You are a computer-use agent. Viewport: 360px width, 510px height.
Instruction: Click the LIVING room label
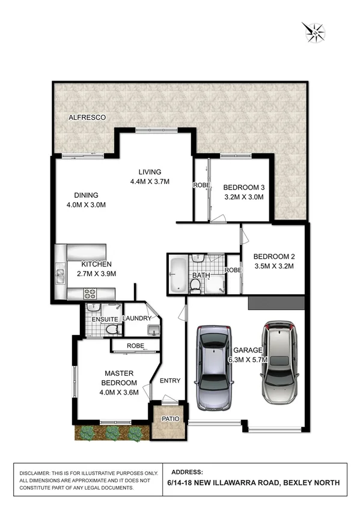click(x=149, y=172)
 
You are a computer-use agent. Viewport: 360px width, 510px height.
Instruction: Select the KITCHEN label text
click(x=97, y=264)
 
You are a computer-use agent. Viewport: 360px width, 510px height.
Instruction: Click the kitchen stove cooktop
click(x=90, y=293)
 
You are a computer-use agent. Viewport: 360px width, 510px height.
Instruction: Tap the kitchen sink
click(x=60, y=276)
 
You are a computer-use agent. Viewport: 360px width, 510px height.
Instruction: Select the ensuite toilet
click(x=111, y=330)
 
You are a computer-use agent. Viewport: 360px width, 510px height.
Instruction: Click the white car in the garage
click(x=280, y=363)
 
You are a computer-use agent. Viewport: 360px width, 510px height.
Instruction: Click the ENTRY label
click(x=170, y=380)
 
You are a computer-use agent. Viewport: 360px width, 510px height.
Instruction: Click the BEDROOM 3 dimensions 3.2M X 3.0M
click(x=244, y=197)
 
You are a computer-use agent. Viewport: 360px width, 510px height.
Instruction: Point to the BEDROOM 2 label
click(x=273, y=254)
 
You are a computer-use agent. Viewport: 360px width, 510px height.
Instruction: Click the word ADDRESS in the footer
click(x=188, y=472)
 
